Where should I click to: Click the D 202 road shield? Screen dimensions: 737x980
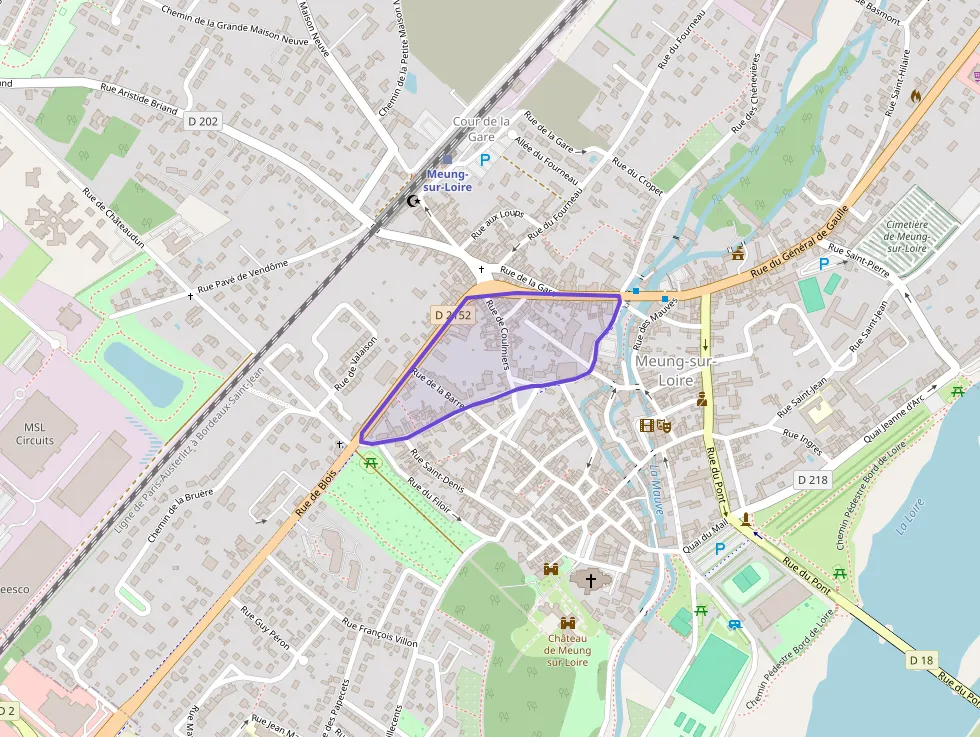point(203,120)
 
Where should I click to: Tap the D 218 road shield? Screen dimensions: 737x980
point(813,480)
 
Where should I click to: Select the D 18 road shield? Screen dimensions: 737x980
point(923,660)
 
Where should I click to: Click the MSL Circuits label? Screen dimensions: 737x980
point(35,433)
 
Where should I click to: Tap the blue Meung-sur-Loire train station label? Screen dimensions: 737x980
point(447,180)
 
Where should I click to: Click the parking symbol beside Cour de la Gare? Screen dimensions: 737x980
point(485,159)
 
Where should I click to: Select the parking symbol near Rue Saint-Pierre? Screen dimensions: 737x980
point(824,263)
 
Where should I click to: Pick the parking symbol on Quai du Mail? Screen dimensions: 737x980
point(719,548)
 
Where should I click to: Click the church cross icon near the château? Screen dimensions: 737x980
point(590,580)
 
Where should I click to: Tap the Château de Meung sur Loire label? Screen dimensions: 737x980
point(567,650)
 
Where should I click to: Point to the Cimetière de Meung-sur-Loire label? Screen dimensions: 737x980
point(907,236)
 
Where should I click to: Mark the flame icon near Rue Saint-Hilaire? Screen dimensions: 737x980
point(915,96)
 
